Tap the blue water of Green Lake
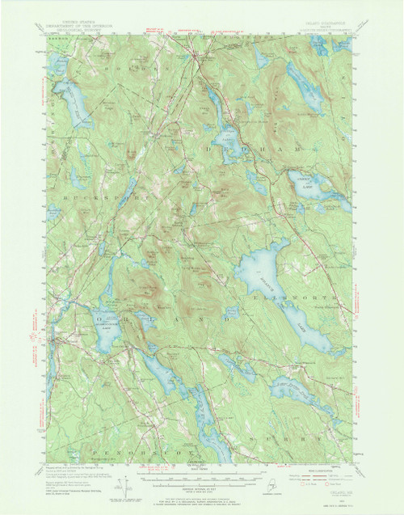click(x=323, y=194)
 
